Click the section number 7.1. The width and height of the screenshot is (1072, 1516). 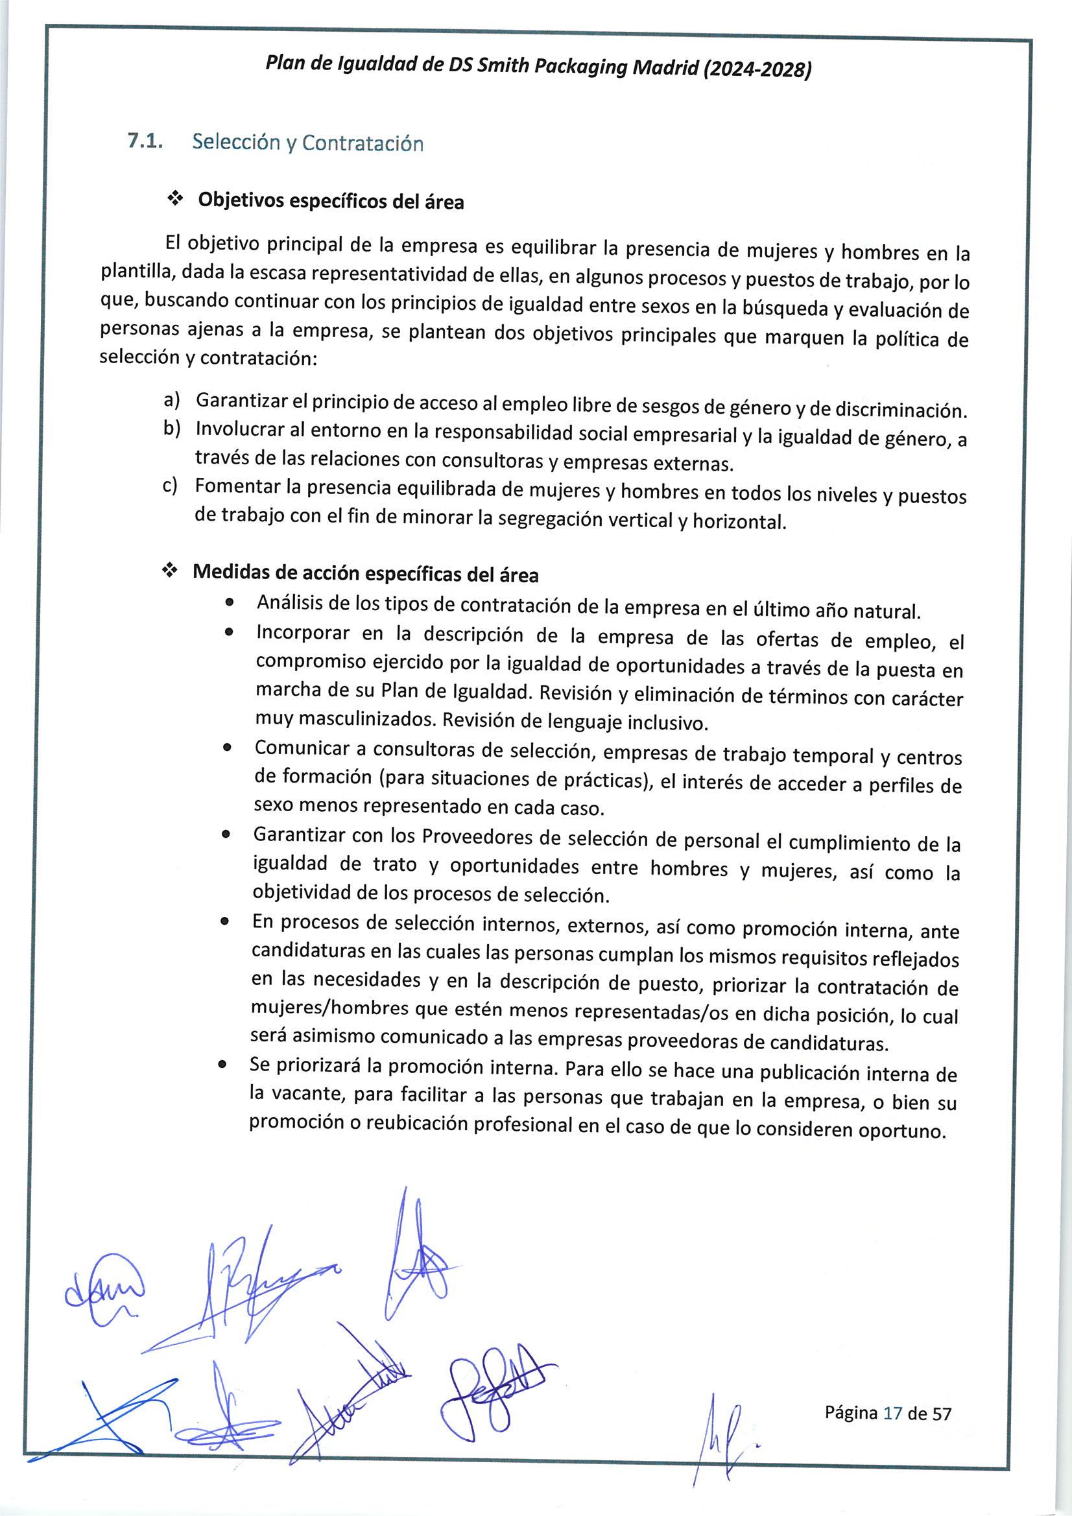[145, 141]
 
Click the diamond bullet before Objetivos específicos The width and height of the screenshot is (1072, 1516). [174, 199]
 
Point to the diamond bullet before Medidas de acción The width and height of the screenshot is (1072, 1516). [170, 571]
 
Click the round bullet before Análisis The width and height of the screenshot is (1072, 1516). [229, 603]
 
